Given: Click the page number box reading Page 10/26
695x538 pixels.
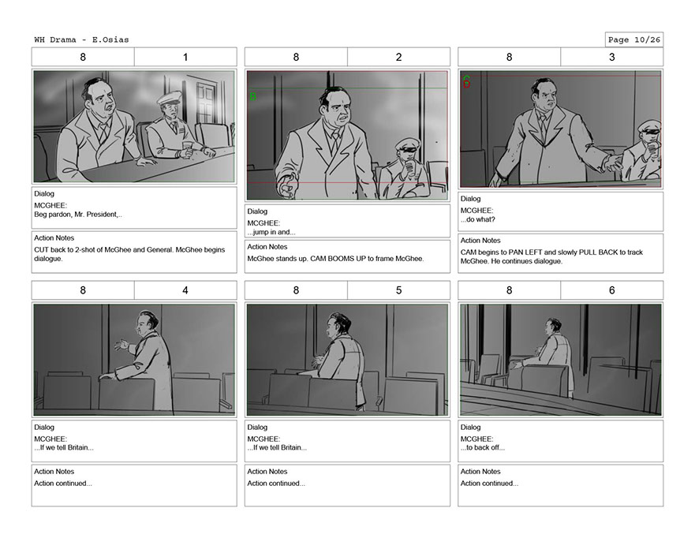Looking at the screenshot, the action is coord(633,40).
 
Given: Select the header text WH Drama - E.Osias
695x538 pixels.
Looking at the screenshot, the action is coord(81,40).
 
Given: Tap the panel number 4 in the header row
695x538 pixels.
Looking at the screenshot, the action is coord(185,291).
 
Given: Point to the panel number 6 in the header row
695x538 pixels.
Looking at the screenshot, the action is coord(611,291).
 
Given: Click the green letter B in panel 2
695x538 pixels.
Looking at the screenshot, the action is coord(253,96).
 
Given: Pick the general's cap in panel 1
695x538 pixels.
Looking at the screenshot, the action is coord(169,97).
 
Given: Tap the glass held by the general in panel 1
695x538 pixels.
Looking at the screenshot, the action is coord(188,148).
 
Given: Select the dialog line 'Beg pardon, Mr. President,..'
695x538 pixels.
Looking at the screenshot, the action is coord(78,215).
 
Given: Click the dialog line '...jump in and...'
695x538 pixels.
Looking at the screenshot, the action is coord(271,232).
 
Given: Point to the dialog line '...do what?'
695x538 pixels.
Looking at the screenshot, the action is coord(478,220).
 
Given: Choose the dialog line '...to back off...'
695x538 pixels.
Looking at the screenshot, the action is coord(483,448).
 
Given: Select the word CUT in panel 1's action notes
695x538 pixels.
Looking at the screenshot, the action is coord(41,250).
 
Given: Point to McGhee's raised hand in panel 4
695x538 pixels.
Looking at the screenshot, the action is coord(121,344).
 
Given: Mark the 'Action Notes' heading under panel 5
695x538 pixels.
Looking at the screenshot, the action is coord(267,472).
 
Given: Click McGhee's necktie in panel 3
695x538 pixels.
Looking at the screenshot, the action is coord(543,126).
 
